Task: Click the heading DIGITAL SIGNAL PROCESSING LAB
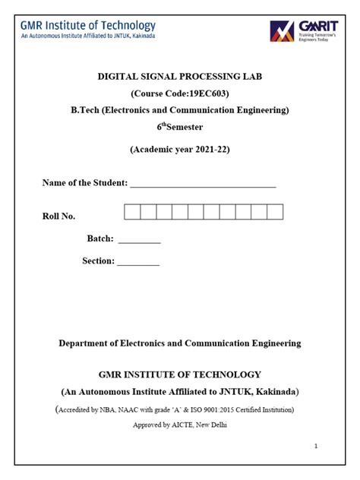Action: tap(179, 77)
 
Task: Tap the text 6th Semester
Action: tap(179, 128)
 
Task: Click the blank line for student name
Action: tap(203, 184)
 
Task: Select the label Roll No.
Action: tap(58, 216)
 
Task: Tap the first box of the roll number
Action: tap(132, 212)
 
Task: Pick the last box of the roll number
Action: tap(275, 212)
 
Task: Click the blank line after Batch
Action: tap(140, 240)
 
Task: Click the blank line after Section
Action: tap(138, 262)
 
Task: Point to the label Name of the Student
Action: tap(84, 182)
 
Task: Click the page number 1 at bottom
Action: tap(316, 446)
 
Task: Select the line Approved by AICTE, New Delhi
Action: tap(179, 425)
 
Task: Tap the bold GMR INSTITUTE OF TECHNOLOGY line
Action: tap(179, 374)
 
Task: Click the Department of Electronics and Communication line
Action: tap(179, 343)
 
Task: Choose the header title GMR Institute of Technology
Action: tap(88, 26)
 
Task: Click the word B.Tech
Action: tap(85, 111)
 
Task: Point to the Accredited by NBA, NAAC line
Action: tap(181, 409)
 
